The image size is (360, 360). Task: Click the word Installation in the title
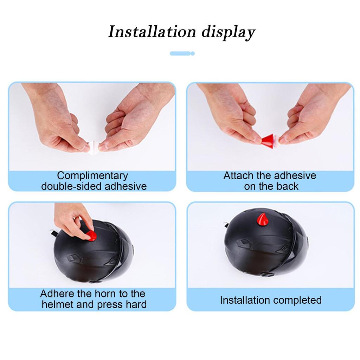(x=152, y=32)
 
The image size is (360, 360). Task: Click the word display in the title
(x=228, y=32)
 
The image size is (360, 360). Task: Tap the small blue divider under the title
(x=182, y=53)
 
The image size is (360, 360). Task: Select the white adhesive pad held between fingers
(x=94, y=146)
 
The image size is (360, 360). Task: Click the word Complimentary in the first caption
(x=92, y=175)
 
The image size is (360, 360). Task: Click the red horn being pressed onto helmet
(x=91, y=235)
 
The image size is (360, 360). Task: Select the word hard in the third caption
(x=135, y=304)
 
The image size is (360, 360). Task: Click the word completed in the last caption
(x=297, y=300)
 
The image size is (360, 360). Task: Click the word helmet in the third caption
(x=58, y=304)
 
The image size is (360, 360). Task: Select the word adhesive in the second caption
(x=295, y=175)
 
